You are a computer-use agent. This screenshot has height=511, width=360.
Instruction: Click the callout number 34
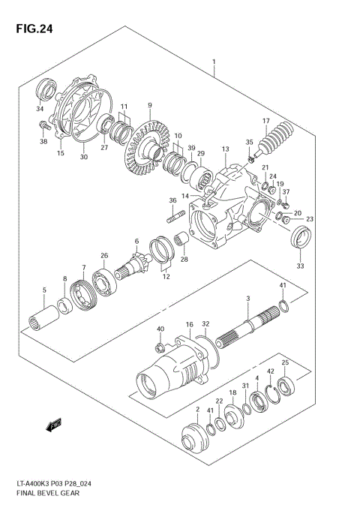(40, 108)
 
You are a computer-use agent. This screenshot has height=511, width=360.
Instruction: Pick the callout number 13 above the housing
(223, 150)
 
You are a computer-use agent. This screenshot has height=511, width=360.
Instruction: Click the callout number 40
(160, 329)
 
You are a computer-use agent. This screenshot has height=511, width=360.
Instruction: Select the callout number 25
(285, 362)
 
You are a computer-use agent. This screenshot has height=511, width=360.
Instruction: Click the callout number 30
(83, 158)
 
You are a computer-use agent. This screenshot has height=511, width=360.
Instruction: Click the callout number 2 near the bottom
(197, 409)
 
